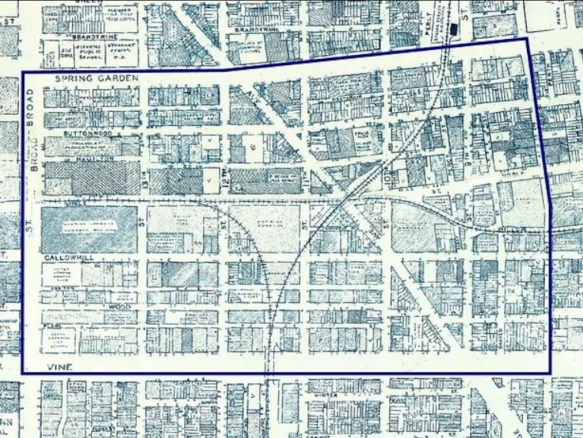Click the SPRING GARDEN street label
point(97,77)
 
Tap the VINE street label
point(59,367)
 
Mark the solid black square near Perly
point(454,28)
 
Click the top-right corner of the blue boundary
point(527,39)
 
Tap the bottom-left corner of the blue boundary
point(22,374)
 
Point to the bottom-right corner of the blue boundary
point(551,374)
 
